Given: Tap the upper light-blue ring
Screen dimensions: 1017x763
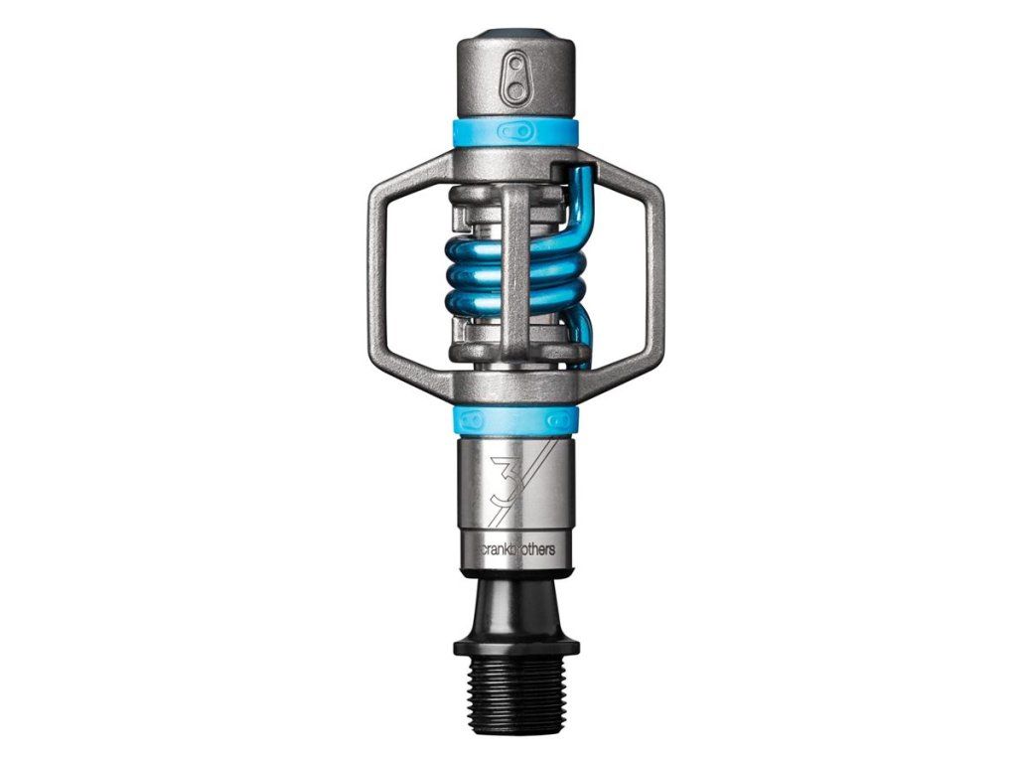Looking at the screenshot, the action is (x=516, y=131).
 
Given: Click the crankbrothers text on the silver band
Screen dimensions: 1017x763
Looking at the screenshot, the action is (x=515, y=549).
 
